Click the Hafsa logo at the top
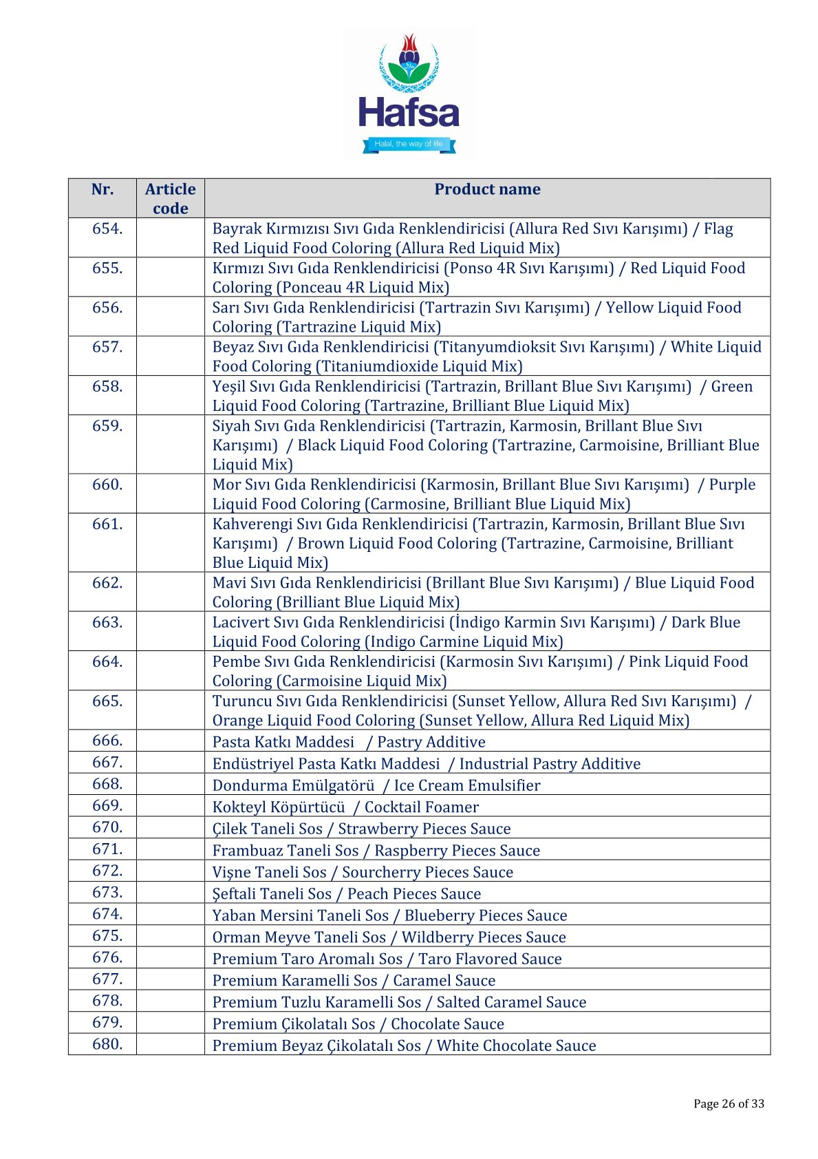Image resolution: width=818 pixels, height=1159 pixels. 409,94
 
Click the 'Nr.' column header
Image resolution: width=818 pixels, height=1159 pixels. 103,189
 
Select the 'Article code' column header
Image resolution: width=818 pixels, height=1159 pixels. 170,198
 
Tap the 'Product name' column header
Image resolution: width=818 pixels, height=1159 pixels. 487,189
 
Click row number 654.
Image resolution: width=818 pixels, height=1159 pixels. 107,228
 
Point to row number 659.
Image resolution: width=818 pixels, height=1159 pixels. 107,426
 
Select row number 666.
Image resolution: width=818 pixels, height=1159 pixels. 107,741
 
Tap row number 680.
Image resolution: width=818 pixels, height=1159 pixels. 107,1044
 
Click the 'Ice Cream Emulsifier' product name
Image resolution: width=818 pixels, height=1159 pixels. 467,785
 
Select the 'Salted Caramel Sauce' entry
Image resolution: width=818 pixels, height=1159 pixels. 511,1002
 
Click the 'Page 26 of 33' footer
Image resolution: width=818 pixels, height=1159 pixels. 729,1104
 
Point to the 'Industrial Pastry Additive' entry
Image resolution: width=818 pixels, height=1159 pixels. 550,764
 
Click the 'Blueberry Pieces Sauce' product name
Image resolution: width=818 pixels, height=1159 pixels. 486,915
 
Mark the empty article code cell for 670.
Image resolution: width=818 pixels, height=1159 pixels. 170,827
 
